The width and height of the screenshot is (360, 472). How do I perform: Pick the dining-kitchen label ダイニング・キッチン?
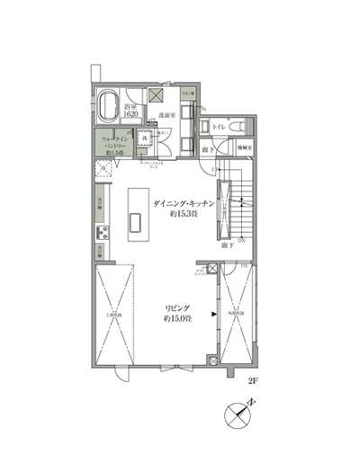(184, 204)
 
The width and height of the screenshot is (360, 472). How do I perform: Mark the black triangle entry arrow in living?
(213, 314)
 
